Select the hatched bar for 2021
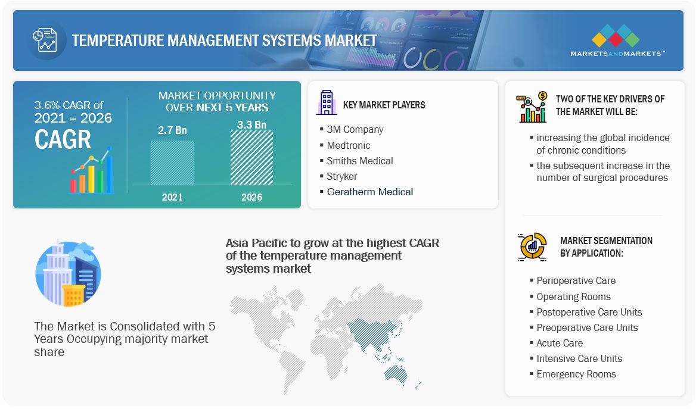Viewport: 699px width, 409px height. [x=172, y=162]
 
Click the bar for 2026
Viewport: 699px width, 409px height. [x=251, y=158]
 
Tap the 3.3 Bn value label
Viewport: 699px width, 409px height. [x=251, y=124]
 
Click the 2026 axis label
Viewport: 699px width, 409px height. [x=251, y=197]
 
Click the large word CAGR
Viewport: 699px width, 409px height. [x=63, y=139]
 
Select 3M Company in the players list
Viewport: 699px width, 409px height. [x=355, y=129]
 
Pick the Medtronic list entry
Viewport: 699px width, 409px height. [x=348, y=145]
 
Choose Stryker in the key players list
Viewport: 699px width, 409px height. [x=342, y=176]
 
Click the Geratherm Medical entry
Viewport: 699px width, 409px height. [x=369, y=192]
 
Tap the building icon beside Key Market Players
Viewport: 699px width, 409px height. [x=326, y=103]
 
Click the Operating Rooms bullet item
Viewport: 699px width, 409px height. [x=573, y=296]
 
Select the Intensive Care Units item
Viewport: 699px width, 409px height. [x=579, y=358]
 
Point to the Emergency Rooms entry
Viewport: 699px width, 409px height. [x=576, y=374]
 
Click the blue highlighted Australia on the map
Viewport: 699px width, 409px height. [x=397, y=372]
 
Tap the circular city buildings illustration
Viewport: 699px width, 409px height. [x=68, y=274]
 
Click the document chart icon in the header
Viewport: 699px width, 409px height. [x=45, y=40]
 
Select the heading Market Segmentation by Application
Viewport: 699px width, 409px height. [x=606, y=246]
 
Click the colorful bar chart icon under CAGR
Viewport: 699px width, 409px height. [x=91, y=174]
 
